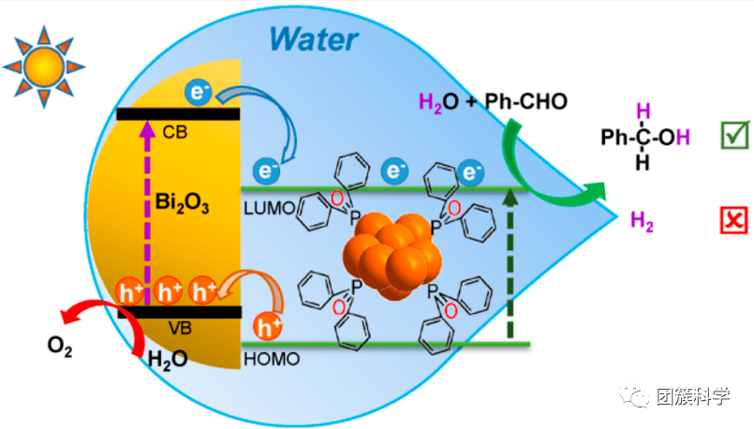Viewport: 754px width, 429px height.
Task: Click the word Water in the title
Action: (x=313, y=39)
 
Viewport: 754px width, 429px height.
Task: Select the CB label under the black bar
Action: (x=175, y=132)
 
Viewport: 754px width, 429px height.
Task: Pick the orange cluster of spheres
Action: (x=392, y=258)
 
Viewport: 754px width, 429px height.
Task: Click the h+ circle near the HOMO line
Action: (x=269, y=328)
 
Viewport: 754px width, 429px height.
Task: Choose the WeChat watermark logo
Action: (x=638, y=397)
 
